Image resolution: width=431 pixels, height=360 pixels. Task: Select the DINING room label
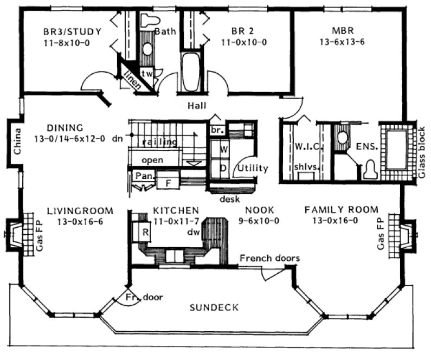pos(65,128)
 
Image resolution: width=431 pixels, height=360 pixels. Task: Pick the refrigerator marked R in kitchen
pos(145,230)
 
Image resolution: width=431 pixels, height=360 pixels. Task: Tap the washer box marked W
pos(223,147)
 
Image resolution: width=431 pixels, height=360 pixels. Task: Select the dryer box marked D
pos(223,168)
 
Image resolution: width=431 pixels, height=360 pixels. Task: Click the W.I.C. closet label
pos(309,147)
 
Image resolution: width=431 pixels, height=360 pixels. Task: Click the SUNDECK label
pos(214,308)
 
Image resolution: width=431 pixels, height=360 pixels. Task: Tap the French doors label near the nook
pos(269,258)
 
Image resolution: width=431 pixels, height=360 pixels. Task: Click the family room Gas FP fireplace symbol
pos(404,234)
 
